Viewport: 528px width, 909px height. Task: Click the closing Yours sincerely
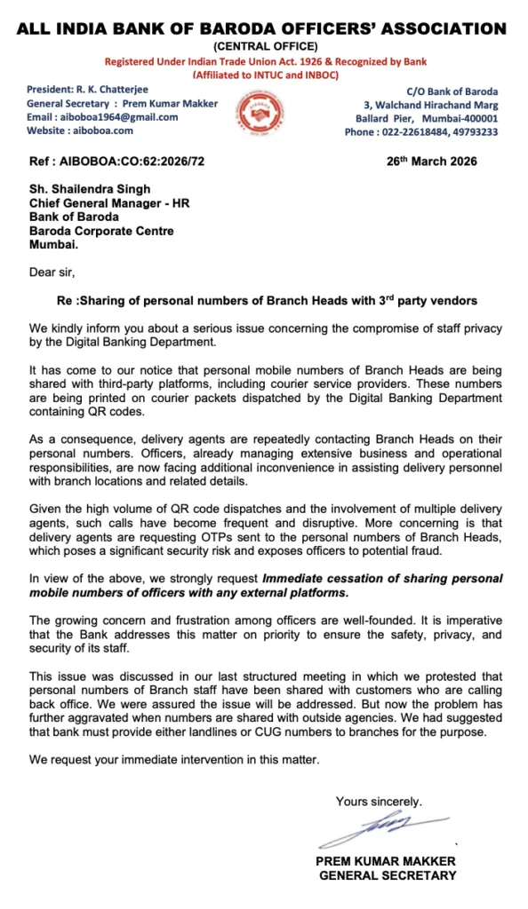click(379, 802)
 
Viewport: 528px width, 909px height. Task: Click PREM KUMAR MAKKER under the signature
click(386, 862)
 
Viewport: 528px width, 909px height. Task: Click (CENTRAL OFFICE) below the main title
click(264, 46)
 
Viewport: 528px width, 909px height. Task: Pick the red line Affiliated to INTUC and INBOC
click(264, 74)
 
